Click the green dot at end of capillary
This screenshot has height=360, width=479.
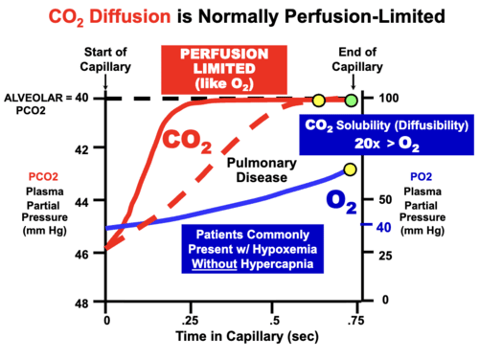click(351, 100)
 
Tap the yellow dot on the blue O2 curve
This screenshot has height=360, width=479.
click(350, 170)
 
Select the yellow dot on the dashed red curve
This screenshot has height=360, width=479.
click(319, 100)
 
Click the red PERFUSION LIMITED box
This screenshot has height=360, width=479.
click(224, 69)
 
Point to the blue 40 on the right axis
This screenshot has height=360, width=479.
click(384, 228)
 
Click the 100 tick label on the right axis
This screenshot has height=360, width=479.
click(389, 98)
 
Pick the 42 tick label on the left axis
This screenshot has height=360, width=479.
click(81, 150)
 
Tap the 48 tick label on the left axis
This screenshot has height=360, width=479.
click(81, 303)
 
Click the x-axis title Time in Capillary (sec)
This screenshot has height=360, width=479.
click(247, 336)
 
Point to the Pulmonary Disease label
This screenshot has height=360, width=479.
click(262, 170)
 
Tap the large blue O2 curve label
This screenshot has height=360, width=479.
click(341, 202)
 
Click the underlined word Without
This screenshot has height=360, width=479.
click(215, 264)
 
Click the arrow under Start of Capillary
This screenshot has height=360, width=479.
click(105, 82)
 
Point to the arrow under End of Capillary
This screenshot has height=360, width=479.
click(353, 82)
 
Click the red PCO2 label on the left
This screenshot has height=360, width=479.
click(43, 177)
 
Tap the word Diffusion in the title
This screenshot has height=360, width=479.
click(130, 16)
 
